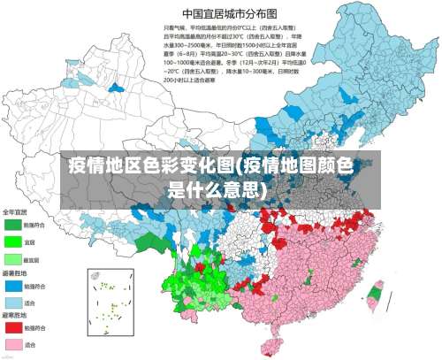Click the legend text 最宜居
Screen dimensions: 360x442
point(32,259)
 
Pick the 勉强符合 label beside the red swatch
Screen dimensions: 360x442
point(34,327)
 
